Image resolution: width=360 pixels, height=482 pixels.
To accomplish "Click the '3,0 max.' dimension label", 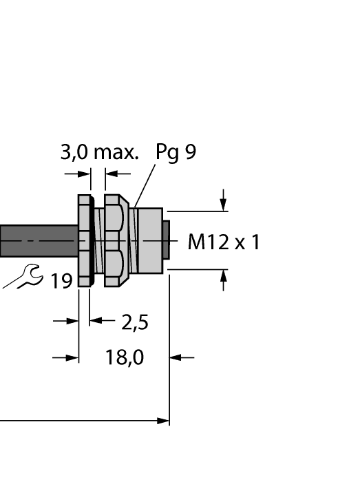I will pyautogui.click(x=99, y=152).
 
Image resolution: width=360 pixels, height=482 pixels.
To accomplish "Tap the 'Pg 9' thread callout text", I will pyautogui.click(x=176, y=152).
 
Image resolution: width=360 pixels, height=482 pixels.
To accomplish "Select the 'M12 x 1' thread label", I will pyautogui.click(x=224, y=242).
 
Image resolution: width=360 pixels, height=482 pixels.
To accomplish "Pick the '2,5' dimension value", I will pyautogui.click(x=135, y=322).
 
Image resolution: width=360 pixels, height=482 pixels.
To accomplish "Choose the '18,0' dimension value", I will pyautogui.click(x=125, y=358).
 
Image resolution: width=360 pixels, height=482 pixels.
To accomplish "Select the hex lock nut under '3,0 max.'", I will pyautogui.click(x=114, y=240).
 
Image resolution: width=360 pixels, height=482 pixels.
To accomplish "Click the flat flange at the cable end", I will pyautogui.click(x=83, y=240).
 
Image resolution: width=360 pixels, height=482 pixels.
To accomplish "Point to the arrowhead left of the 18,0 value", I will pyautogui.click(x=72, y=357).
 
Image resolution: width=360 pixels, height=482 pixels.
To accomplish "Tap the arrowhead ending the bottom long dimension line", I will pyautogui.click(x=163, y=420).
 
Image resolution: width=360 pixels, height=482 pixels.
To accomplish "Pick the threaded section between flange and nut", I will pyautogui.click(x=98, y=240).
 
